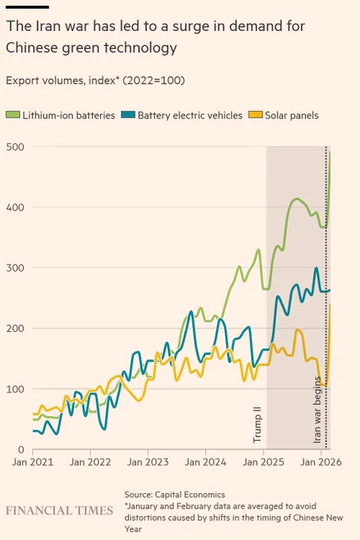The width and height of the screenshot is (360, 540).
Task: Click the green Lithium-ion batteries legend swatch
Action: click(x=13, y=114)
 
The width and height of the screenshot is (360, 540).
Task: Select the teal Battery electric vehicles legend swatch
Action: click(x=128, y=114)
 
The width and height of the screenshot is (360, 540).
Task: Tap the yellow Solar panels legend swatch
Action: click(x=255, y=114)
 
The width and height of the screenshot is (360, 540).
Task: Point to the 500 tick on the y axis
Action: click(x=15, y=147)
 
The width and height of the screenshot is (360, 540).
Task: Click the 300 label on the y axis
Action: click(x=15, y=268)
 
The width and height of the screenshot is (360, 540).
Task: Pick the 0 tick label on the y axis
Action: click(x=21, y=449)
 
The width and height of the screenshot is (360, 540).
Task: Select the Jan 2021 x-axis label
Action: click(x=33, y=462)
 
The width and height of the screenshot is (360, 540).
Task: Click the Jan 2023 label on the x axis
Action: click(x=148, y=462)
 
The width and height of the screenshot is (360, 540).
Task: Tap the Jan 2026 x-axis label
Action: click(x=321, y=462)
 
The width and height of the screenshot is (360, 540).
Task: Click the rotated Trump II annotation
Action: click(x=257, y=424)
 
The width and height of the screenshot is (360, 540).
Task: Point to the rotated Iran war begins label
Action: click(x=317, y=410)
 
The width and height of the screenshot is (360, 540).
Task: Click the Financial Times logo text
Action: click(x=60, y=511)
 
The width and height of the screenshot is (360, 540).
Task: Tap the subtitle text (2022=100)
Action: click(x=153, y=80)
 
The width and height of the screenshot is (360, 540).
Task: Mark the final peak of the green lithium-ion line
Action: click(x=330, y=152)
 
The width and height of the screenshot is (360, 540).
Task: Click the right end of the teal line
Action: click(x=330, y=291)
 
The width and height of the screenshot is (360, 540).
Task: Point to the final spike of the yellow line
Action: click(x=330, y=305)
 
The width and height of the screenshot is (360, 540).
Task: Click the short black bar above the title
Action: click(x=28, y=7)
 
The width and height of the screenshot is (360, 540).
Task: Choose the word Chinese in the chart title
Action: click(x=31, y=48)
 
